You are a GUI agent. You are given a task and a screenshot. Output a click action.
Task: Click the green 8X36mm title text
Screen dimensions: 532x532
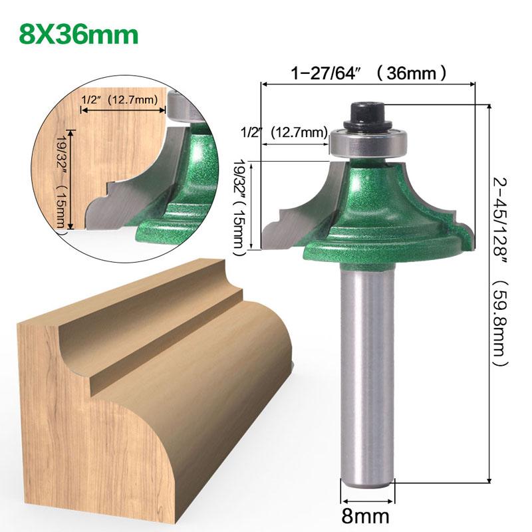pyautogui.click(x=79, y=34)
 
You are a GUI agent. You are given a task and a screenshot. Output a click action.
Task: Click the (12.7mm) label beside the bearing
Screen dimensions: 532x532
pyautogui.click(x=296, y=132)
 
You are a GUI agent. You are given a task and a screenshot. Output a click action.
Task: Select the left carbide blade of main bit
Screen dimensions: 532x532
pyautogui.click(x=293, y=213)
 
